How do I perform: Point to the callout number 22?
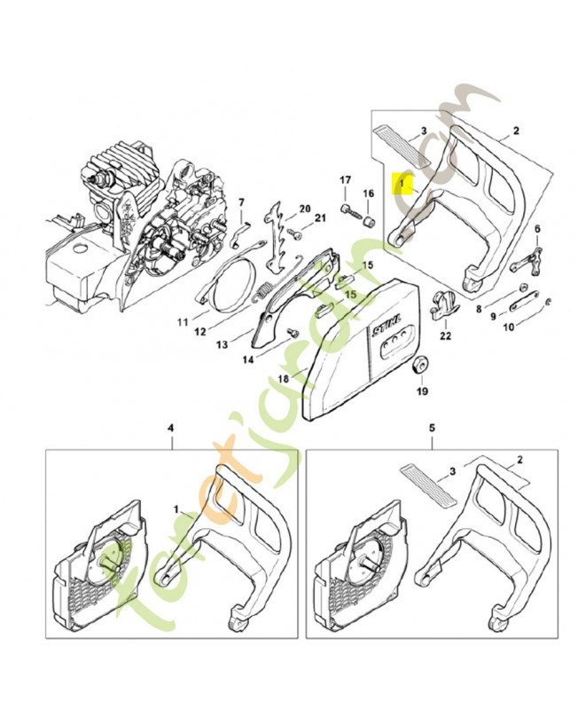pos(444,335)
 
